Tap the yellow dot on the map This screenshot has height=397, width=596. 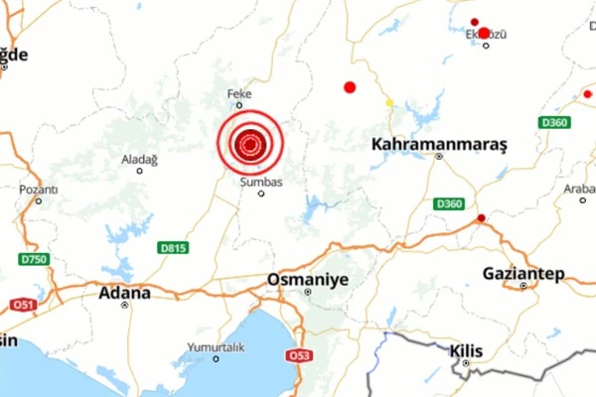(x=389, y=101)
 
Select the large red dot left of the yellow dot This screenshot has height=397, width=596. (x=350, y=87)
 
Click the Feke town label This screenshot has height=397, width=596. (x=240, y=93)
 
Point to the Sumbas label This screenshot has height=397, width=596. (x=261, y=182)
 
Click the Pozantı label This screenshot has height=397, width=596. (x=39, y=189)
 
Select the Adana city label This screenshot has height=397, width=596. (x=124, y=293)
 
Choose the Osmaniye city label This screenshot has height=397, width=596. (x=308, y=280)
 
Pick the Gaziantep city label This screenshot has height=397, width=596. (x=522, y=272)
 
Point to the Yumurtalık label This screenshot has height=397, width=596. (x=215, y=347)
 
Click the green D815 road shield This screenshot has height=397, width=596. (x=172, y=247)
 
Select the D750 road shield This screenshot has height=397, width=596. (x=36, y=260)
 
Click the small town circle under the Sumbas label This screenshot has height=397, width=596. (x=261, y=194)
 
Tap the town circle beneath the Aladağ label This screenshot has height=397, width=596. (x=139, y=171)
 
